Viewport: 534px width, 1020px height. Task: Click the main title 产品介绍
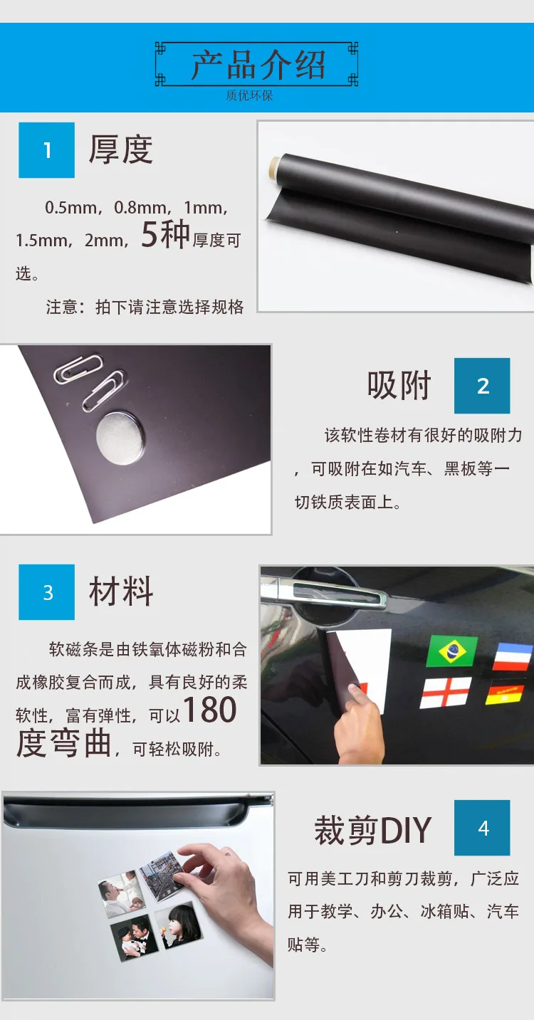point(258,64)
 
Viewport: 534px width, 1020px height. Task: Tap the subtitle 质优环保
point(249,95)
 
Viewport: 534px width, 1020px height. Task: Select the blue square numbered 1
point(46,149)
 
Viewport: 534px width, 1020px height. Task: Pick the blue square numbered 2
point(482,386)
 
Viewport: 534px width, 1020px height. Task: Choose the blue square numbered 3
point(46,592)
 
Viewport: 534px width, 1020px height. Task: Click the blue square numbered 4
point(482,827)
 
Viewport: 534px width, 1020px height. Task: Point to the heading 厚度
point(121,149)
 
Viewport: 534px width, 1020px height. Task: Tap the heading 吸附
point(399,385)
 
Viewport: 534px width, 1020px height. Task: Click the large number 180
point(209,710)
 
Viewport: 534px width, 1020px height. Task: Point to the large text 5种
point(165,234)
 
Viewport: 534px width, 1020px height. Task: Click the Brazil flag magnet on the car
point(452,651)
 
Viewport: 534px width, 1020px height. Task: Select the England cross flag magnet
point(446,693)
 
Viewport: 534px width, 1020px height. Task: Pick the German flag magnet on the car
point(506,692)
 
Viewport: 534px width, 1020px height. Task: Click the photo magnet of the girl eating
point(178,925)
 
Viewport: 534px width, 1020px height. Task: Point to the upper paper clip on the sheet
point(78,369)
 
